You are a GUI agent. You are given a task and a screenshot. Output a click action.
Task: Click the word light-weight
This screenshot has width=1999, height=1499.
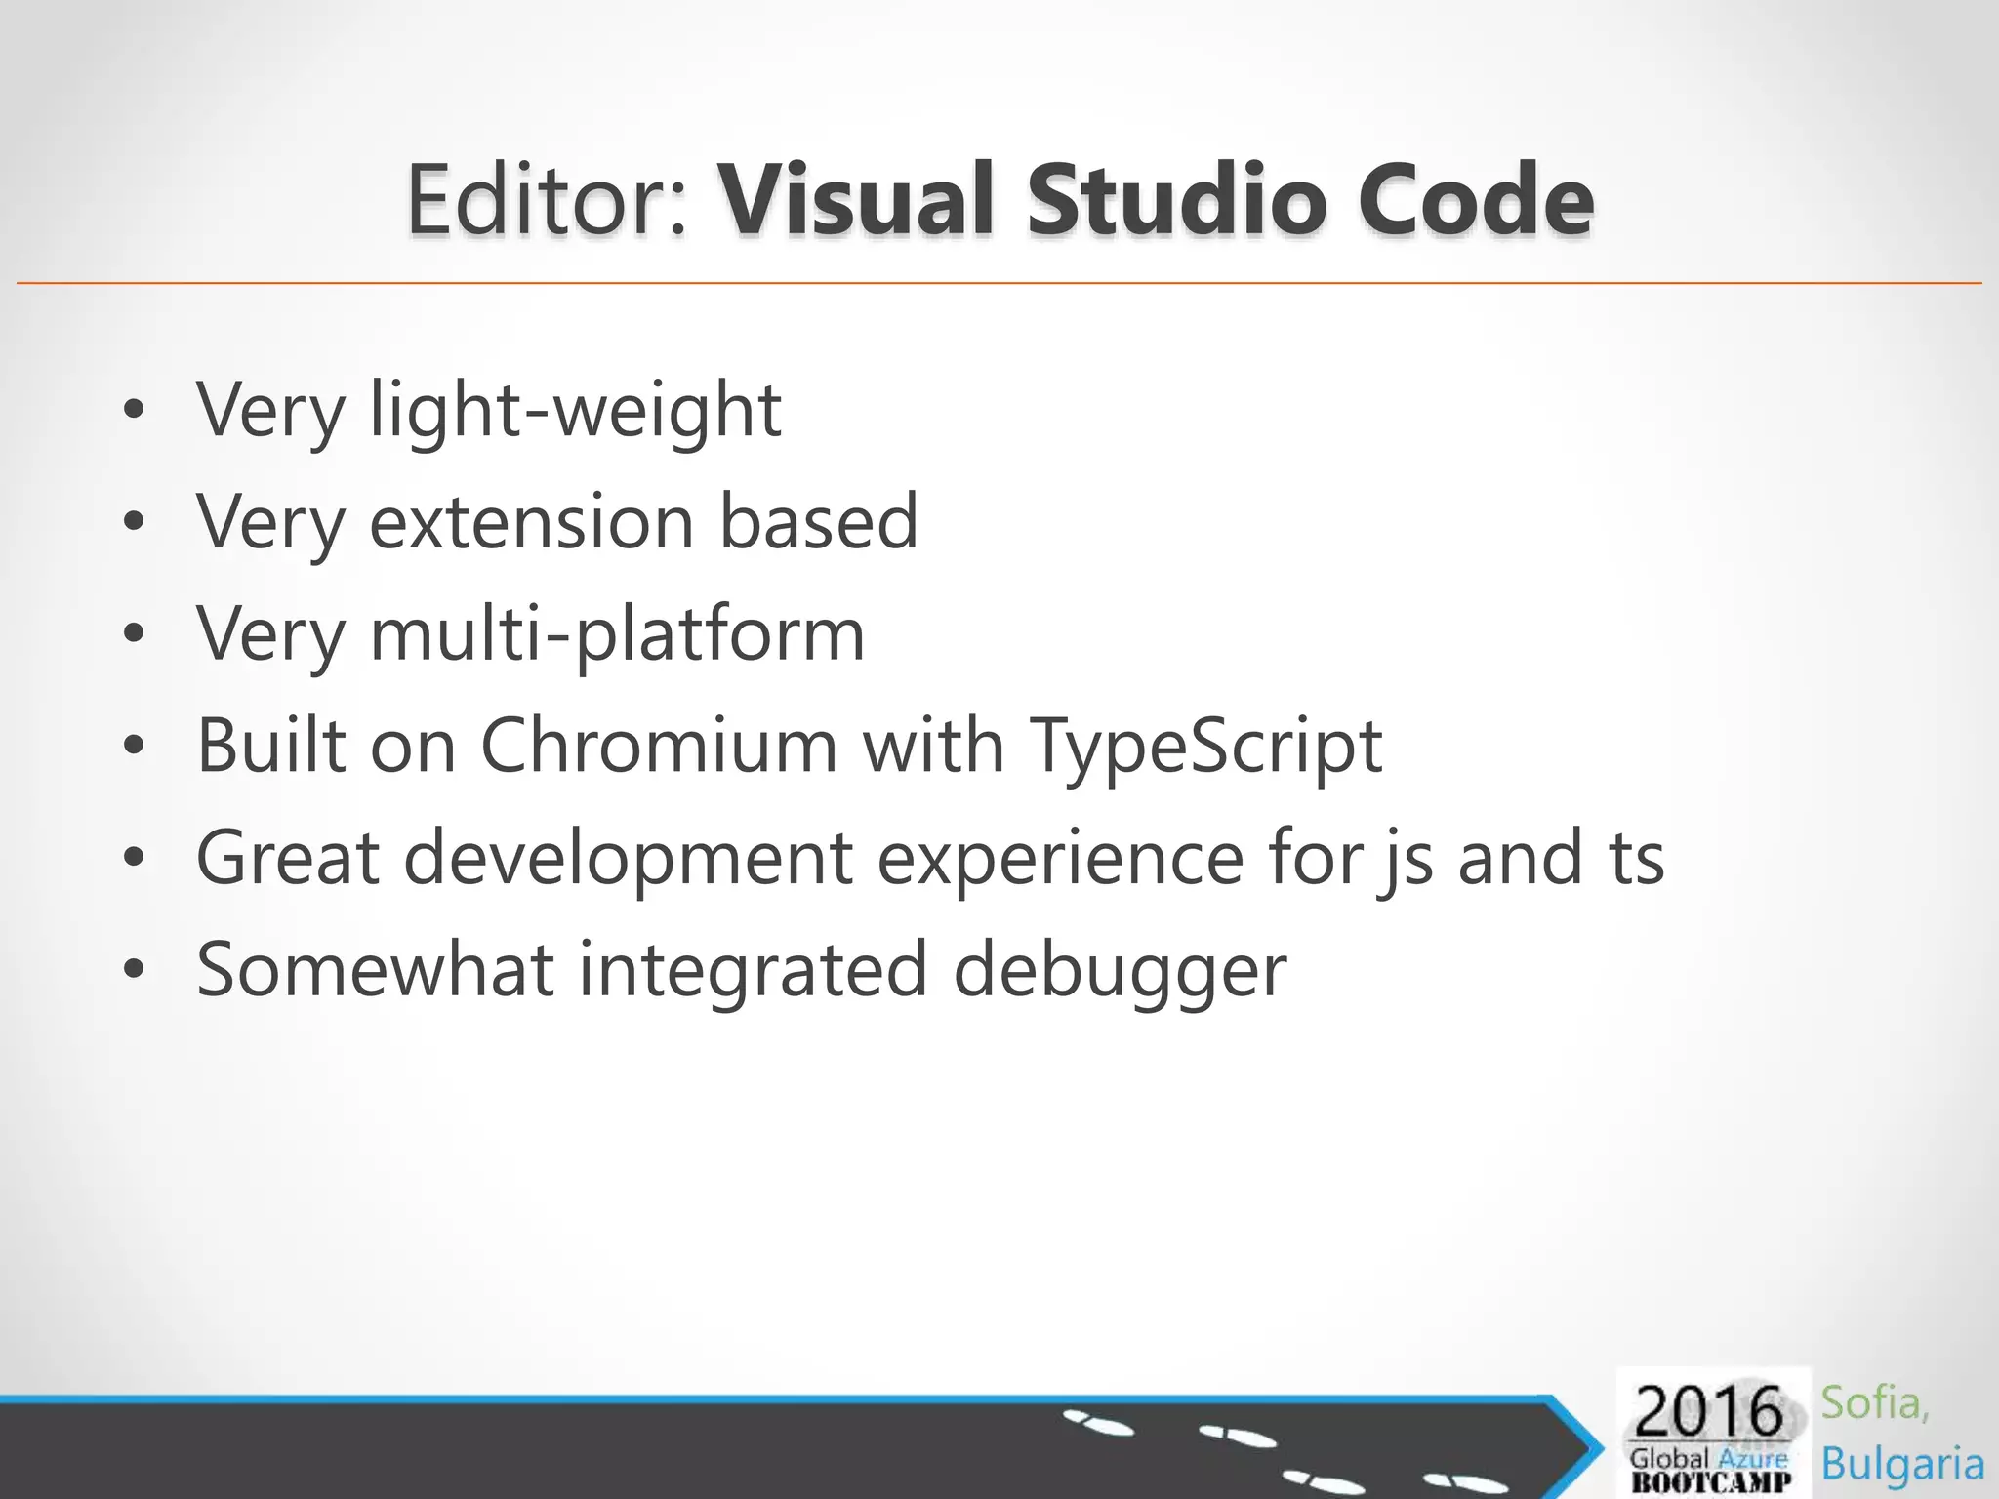(x=576, y=411)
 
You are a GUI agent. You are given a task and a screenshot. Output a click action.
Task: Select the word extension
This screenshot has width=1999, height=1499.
(x=532, y=522)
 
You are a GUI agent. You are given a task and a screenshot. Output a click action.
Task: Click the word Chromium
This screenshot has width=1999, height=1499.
(x=659, y=747)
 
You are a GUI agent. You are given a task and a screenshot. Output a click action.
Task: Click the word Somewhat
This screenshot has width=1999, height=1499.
(x=376, y=970)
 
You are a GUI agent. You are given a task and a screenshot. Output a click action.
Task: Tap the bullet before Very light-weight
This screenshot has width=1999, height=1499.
(x=134, y=411)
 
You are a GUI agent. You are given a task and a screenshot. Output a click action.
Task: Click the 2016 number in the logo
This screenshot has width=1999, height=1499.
(x=1708, y=1411)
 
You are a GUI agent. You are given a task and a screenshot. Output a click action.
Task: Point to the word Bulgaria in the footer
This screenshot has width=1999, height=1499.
(x=1902, y=1465)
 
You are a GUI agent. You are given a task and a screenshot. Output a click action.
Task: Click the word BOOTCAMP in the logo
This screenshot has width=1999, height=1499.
(x=1711, y=1482)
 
